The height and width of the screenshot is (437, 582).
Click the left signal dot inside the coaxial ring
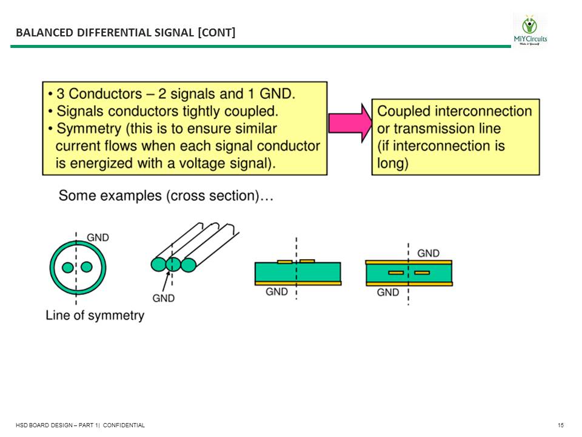pos(68,267)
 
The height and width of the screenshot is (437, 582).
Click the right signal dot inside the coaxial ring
pos(86,267)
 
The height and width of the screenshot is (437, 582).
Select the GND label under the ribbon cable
pos(163,298)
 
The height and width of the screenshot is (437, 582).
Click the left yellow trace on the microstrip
pos(284,262)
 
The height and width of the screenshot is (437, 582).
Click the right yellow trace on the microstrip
pos(307,261)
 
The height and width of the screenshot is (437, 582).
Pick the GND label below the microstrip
pos(276,292)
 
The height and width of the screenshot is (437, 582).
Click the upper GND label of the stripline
pos(429,253)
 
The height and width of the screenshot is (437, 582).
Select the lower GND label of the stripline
pos(388,293)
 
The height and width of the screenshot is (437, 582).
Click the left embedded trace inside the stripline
pos(396,273)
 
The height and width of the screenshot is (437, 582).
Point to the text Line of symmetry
pos(95,316)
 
